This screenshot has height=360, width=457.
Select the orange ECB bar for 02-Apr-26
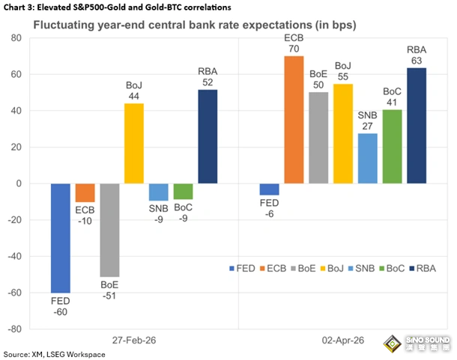(294, 120)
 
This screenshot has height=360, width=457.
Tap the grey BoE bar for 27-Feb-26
(110, 230)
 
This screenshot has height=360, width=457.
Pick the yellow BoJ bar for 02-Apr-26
(343, 133)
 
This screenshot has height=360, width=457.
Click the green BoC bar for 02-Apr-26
(393, 146)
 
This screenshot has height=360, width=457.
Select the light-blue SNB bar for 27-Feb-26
(158, 192)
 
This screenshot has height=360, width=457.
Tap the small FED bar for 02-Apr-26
(270, 189)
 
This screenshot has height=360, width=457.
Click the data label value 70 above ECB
(294, 46)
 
